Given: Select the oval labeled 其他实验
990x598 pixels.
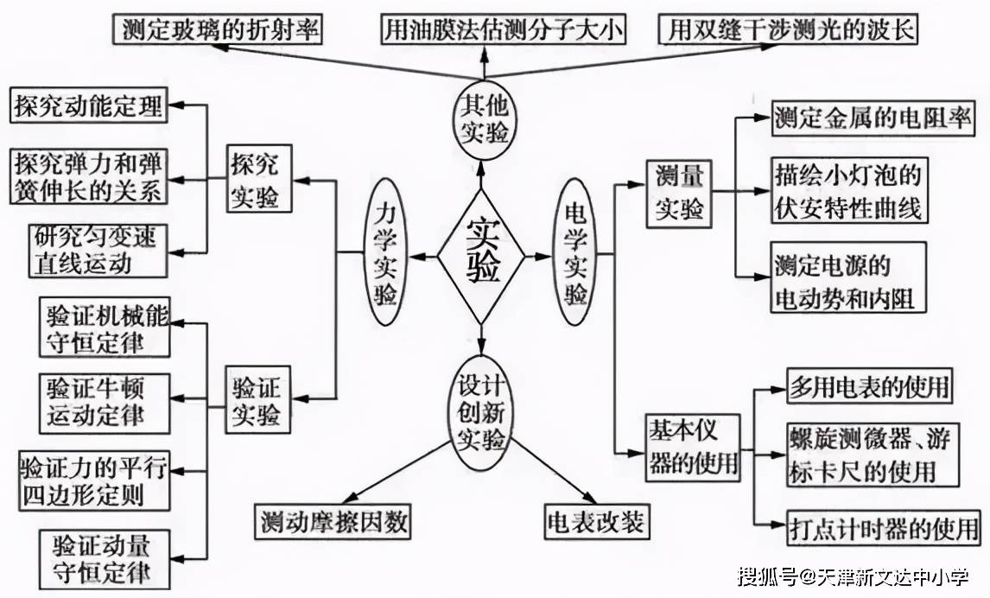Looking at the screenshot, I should (484, 122).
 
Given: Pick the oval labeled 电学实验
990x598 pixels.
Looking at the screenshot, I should (576, 251).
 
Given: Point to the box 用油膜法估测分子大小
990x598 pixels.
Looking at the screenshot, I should (505, 31).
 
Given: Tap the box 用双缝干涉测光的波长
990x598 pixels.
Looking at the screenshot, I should (789, 31).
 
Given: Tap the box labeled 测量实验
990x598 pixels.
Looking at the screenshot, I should (679, 194).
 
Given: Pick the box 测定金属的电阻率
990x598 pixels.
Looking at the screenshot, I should (873, 118).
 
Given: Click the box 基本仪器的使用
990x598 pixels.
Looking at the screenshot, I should (693, 447).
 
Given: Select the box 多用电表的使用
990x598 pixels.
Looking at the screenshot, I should (869, 385).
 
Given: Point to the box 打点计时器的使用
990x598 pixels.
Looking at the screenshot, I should (884, 526).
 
